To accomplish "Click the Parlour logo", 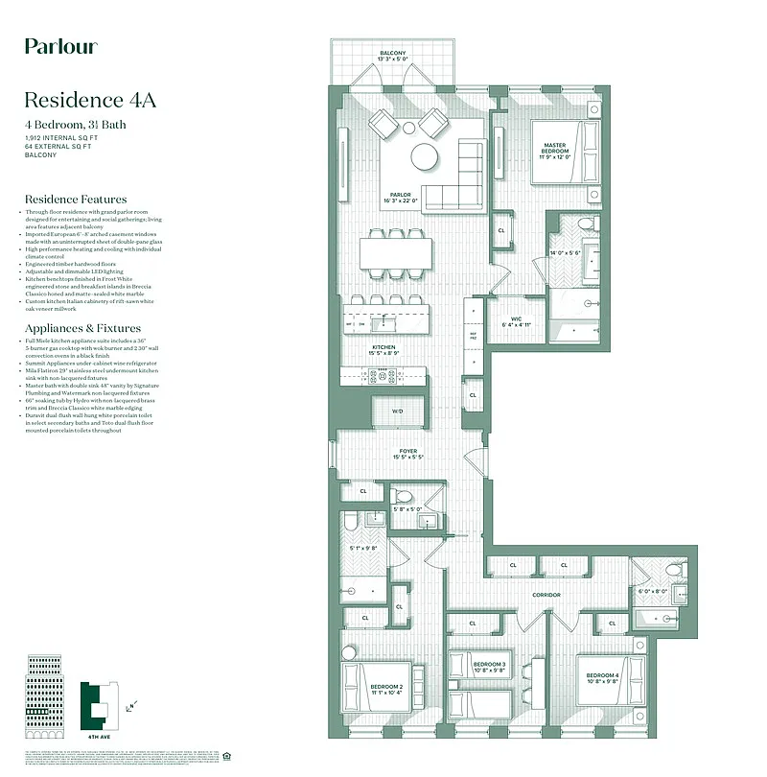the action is pyautogui.click(x=60, y=46).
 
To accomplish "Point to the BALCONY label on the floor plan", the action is pyautogui.click(x=392, y=53).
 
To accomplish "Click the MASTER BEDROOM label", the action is pyautogui.click(x=555, y=149).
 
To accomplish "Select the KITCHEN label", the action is pyautogui.click(x=384, y=347).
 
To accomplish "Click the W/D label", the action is pyautogui.click(x=398, y=412).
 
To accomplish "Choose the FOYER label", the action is pyautogui.click(x=408, y=450).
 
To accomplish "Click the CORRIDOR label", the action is pyautogui.click(x=546, y=595).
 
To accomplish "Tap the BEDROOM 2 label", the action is pyautogui.click(x=386, y=687).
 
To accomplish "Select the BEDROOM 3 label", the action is pyautogui.click(x=489, y=665).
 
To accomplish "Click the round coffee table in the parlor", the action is pyautogui.click(x=425, y=156).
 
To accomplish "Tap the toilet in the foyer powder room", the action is pyautogui.click(x=404, y=497).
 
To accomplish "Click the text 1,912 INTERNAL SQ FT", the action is pyautogui.click(x=62, y=138).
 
